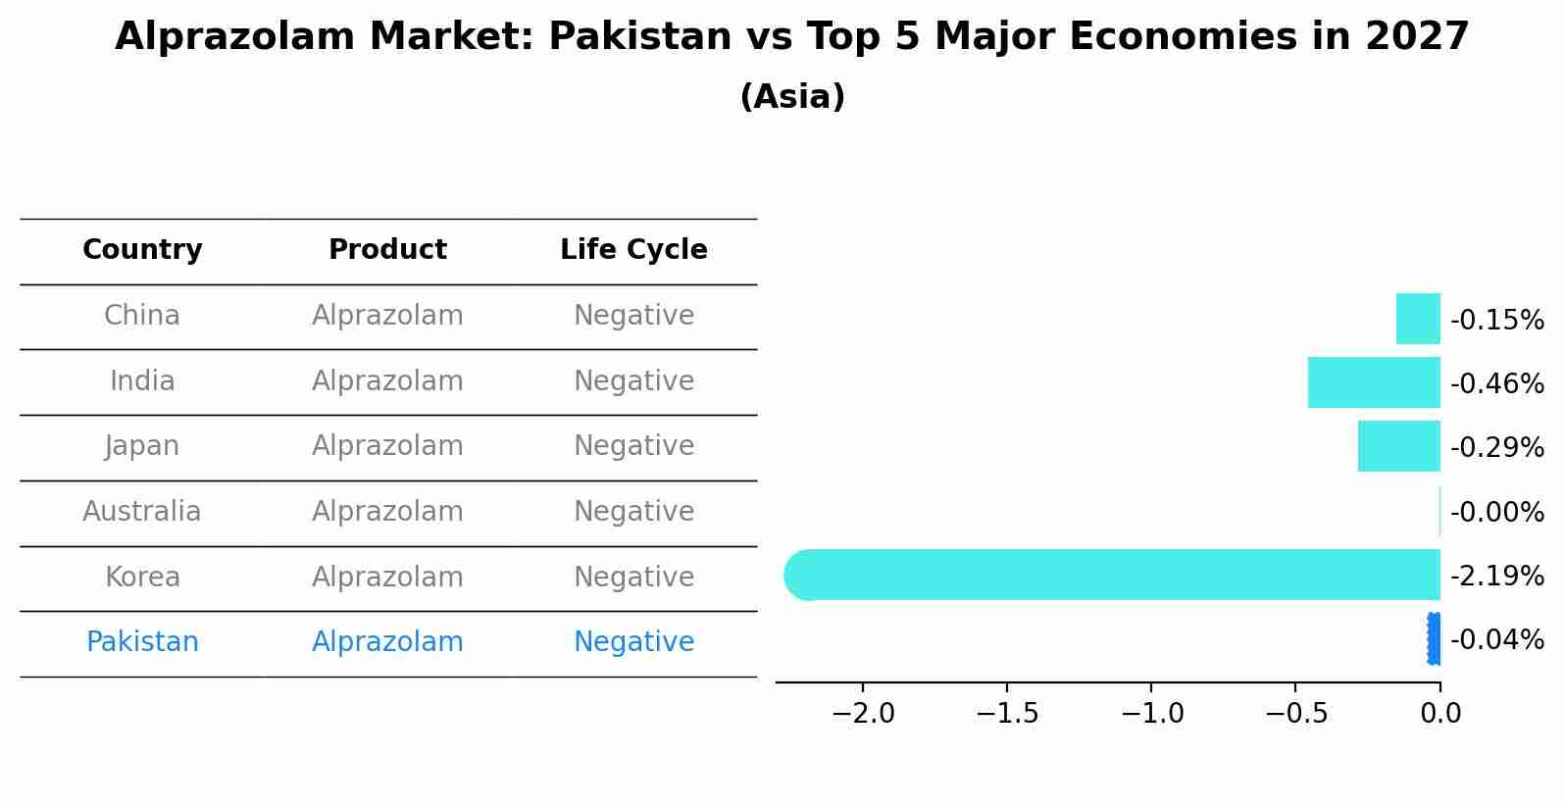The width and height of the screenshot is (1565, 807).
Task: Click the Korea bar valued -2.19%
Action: (1112, 575)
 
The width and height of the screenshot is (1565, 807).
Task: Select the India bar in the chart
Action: (1374, 382)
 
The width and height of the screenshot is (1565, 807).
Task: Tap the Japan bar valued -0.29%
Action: (1398, 446)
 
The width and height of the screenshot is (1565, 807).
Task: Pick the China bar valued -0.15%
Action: (1418, 319)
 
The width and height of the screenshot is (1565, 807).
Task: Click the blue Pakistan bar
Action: (1435, 638)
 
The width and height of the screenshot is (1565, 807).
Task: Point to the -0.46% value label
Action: (1496, 383)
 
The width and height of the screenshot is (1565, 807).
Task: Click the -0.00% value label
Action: (1496, 512)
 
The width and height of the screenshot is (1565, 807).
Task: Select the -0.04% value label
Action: (1496, 640)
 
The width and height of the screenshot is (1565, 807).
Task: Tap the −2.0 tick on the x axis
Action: (863, 714)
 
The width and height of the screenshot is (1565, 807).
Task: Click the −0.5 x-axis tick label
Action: (1296, 714)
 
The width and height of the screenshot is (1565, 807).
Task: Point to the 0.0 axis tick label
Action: (1440, 714)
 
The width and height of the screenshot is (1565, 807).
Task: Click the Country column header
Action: (142, 250)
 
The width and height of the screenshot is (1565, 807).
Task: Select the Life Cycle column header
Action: (633, 250)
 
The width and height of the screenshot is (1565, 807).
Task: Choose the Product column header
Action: (387, 250)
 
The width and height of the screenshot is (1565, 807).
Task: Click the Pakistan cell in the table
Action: (142, 642)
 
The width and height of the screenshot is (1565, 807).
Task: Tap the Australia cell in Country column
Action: (142, 512)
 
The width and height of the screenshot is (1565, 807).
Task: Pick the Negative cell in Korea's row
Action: (633, 578)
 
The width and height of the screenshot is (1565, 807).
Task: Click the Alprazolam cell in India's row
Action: (387, 381)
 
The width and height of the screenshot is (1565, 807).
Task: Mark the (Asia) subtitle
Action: (792, 97)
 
